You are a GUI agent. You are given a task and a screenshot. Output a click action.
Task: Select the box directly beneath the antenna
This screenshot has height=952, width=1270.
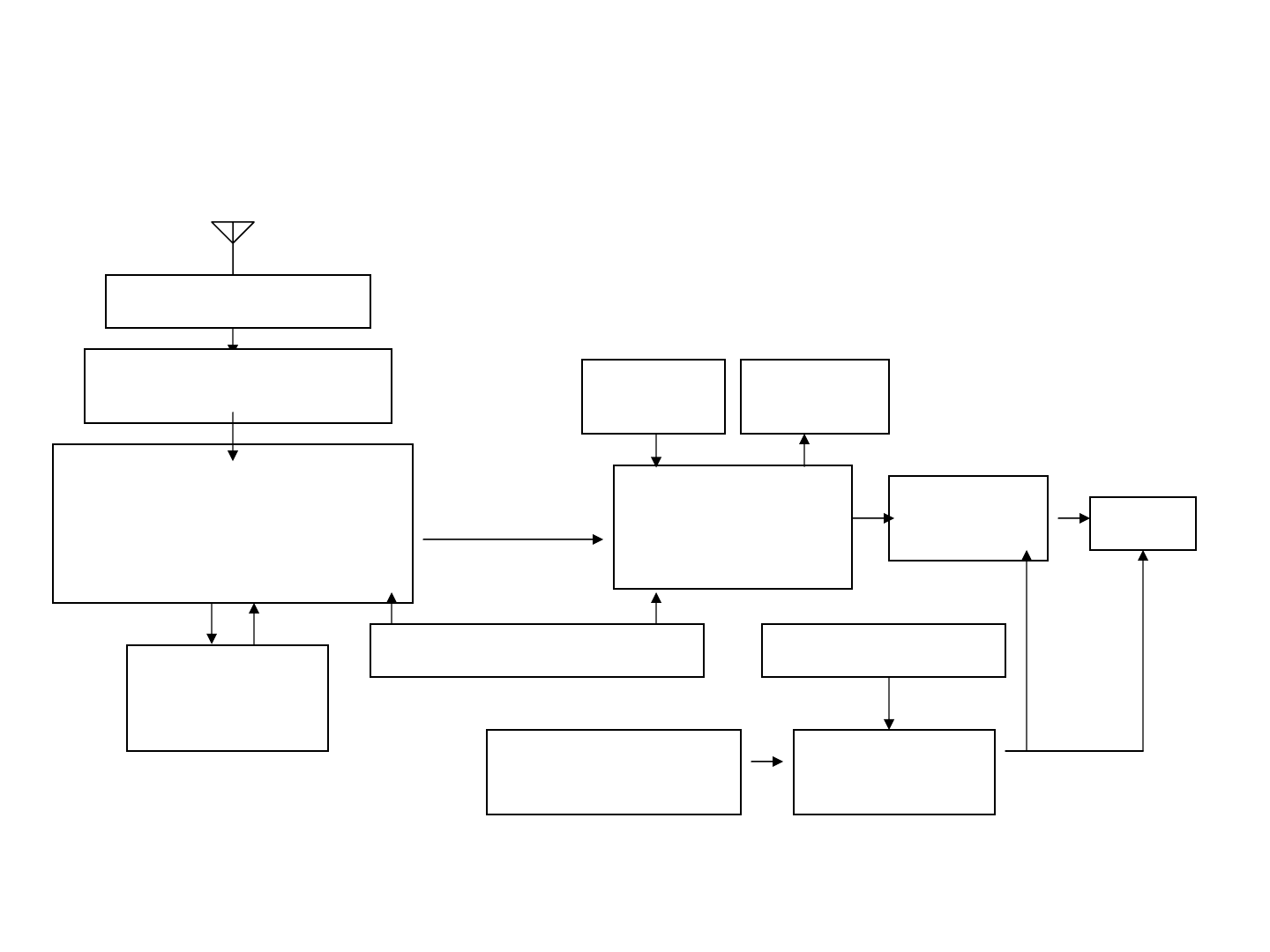tap(238, 301)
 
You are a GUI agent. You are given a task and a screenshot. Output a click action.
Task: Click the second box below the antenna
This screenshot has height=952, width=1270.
tap(238, 386)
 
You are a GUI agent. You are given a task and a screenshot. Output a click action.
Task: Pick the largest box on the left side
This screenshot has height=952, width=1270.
tap(233, 524)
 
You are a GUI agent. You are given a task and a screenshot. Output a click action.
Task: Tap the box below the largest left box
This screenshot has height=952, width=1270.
tap(228, 698)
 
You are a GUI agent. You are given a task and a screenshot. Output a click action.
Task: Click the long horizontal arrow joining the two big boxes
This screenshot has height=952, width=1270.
tap(512, 539)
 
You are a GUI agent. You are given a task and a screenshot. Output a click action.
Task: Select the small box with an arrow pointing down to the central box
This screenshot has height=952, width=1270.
tap(654, 397)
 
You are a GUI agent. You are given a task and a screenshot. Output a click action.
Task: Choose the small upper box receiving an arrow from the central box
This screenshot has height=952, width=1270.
tap(815, 397)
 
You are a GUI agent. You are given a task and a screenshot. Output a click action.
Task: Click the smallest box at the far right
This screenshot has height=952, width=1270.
tap(1143, 524)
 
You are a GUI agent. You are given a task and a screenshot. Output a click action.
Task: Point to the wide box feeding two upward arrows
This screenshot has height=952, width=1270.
tap(537, 651)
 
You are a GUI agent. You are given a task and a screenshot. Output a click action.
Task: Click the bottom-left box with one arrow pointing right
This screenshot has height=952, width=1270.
tap(614, 772)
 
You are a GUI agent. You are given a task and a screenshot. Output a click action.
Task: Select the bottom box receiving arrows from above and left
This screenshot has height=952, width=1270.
tap(894, 772)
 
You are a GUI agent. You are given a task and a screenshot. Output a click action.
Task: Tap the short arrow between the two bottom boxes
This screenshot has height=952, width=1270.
tap(766, 762)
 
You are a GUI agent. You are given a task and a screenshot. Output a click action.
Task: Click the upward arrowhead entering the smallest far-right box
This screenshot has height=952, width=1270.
tap(1143, 556)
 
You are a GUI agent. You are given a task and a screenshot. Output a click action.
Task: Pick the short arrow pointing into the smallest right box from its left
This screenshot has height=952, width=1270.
tap(1074, 518)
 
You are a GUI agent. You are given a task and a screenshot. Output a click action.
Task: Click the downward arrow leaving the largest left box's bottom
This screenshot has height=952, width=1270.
tap(212, 624)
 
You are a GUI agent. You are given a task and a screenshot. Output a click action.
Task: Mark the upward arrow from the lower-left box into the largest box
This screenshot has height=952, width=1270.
tap(254, 624)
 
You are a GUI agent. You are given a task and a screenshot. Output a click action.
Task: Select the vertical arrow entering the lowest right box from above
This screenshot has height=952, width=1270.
tap(889, 703)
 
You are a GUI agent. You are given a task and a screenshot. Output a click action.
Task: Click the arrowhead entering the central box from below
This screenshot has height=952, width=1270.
tap(656, 599)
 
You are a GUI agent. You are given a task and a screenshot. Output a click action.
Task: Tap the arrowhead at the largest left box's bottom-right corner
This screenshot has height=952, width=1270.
tap(392, 599)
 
